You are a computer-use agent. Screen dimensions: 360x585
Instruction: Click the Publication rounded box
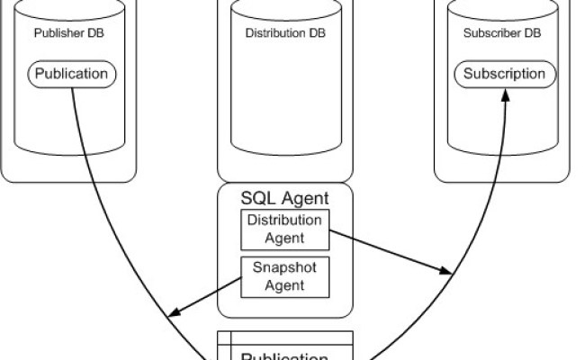70,73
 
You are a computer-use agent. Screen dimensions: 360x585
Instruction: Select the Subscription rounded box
504,73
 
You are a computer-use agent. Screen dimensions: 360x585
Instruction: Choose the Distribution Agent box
284,229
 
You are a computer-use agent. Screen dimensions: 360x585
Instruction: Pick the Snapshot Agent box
284,276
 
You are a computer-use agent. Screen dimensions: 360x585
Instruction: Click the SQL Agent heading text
284,197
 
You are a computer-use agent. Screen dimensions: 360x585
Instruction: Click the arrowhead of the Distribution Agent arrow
446,270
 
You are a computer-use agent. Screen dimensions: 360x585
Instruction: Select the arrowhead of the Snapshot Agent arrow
175,314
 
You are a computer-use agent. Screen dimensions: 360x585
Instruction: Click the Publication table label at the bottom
284,355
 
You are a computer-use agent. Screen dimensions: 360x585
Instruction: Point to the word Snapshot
284,268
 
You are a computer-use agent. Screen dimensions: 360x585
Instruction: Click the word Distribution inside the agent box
284,220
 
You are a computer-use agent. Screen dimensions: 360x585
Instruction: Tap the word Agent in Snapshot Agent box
284,285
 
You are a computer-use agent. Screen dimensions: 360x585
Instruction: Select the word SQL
257,197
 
